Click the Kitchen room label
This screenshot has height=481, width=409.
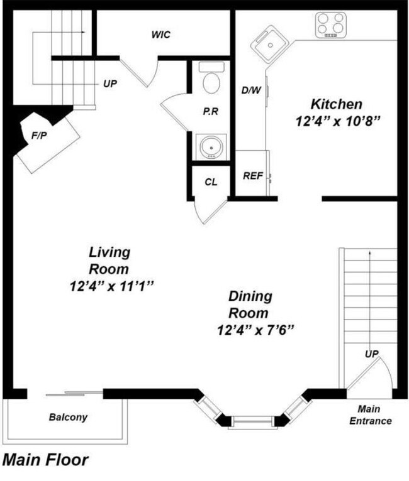337,104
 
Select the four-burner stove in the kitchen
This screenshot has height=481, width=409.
330,24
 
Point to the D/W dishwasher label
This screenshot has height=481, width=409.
251,90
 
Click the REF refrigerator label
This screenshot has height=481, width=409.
252,176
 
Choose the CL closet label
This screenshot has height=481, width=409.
211,182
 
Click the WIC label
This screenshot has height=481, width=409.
161,34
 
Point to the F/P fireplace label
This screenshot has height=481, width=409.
39,135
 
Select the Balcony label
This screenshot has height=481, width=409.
68,417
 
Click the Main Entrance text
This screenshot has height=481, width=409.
370,415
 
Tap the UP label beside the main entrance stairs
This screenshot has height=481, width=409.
372,354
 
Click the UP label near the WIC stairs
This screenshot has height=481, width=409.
110,83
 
